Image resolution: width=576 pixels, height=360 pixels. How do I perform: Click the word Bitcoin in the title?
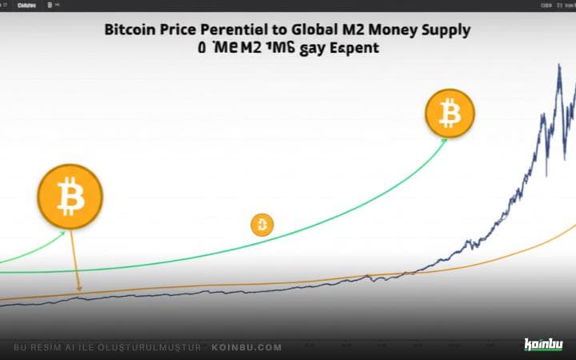coord(129,30)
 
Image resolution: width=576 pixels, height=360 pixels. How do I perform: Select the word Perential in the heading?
coord(235,30)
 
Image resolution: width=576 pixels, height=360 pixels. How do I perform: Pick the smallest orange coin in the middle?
coord(262,225)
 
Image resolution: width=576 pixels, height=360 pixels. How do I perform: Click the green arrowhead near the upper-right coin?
coord(442,140)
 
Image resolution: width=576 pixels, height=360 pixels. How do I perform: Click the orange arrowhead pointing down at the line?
coord(78,289)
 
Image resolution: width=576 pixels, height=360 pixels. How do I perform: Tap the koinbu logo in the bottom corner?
coord(543,345)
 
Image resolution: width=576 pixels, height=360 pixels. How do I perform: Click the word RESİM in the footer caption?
coord(46,347)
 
